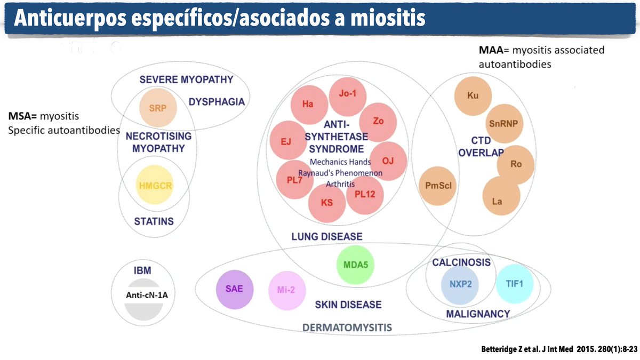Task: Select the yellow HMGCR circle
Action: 155,186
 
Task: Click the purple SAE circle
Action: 234,289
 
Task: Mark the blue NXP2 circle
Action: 460,284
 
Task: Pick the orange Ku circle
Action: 473,96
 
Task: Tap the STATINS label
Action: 154,221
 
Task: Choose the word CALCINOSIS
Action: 461,262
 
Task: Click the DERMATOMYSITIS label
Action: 347,326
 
